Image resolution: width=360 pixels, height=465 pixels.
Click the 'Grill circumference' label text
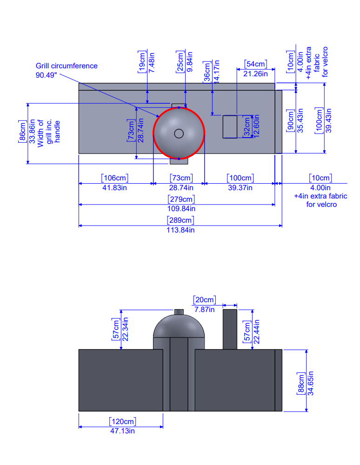coord(67,66)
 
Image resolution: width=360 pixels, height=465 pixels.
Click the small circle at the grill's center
coord(179,133)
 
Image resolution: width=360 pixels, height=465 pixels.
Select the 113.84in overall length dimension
coord(180,230)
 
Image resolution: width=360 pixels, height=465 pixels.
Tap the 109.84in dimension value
coord(180,209)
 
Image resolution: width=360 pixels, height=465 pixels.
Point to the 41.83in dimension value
coord(114,188)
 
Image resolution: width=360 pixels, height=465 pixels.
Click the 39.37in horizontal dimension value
coord(240,188)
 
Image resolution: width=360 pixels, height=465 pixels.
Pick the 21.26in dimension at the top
coord(255,73)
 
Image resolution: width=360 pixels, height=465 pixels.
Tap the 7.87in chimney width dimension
coord(205,309)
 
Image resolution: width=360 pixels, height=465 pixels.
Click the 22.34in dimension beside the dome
coord(125,329)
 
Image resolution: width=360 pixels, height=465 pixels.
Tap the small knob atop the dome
coord(179,312)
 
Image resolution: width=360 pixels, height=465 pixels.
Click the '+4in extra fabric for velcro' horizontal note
coord(320,200)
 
